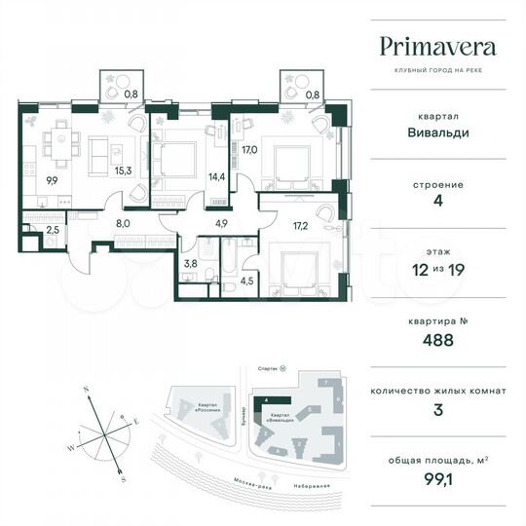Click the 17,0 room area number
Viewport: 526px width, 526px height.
point(249,149)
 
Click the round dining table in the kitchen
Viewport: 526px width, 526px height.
point(65,138)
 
